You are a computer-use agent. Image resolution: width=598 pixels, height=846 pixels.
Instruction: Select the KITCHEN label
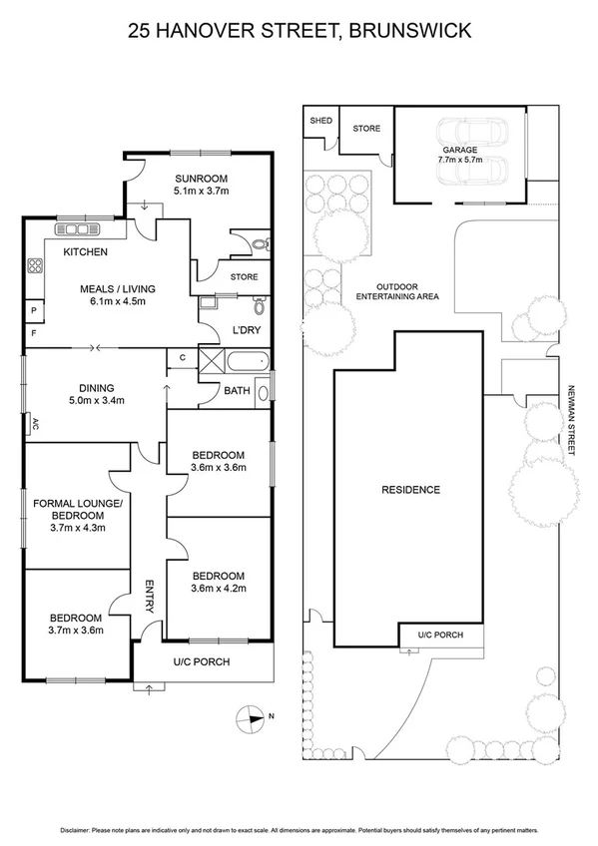[85, 252]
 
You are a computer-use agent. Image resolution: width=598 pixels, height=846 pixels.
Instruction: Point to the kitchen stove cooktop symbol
[35, 265]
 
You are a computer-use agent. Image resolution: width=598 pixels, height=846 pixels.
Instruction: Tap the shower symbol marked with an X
[212, 361]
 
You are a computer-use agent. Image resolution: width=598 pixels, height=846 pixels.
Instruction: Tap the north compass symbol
[249, 716]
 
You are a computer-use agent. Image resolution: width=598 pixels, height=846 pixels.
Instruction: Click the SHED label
[320, 121]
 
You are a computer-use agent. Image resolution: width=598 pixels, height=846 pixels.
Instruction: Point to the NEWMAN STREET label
[573, 421]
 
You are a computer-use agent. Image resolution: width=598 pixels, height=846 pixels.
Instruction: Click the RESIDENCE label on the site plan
[410, 490]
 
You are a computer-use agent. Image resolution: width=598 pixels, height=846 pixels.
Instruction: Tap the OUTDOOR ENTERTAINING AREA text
[398, 289]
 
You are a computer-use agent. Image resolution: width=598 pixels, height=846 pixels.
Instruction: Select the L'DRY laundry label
[246, 329]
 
